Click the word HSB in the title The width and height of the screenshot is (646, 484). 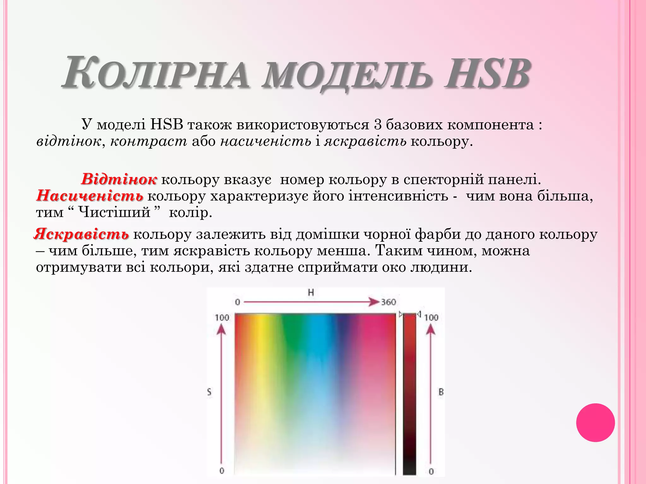click(x=487, y=73)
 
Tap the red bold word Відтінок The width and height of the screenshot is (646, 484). click(x=119, y=179)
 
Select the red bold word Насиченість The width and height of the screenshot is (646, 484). click(x=90, y=196)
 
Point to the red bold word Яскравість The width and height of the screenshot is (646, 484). click(x=81, y=234)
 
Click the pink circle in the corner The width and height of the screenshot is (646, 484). click(x=595, y=423)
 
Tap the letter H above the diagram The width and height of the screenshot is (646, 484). click(x=311, y=293)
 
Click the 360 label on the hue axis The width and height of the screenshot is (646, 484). click(x=388, y=302)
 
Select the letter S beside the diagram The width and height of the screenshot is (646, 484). click(x=209, y=392)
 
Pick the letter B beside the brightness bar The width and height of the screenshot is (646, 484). click(x=441, y=392)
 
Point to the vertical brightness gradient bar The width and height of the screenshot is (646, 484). click(x=409, y=394)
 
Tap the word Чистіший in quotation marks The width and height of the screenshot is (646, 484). click(x=114, y=212)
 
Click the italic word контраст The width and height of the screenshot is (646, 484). click(x=149, y=141)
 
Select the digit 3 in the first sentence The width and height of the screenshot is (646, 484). click(x=378, y=125)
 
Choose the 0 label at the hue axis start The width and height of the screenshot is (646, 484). click(x=238, y=302)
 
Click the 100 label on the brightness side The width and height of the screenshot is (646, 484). click(x=431, y=317)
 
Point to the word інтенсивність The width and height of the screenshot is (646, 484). click(x=398, y=196)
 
